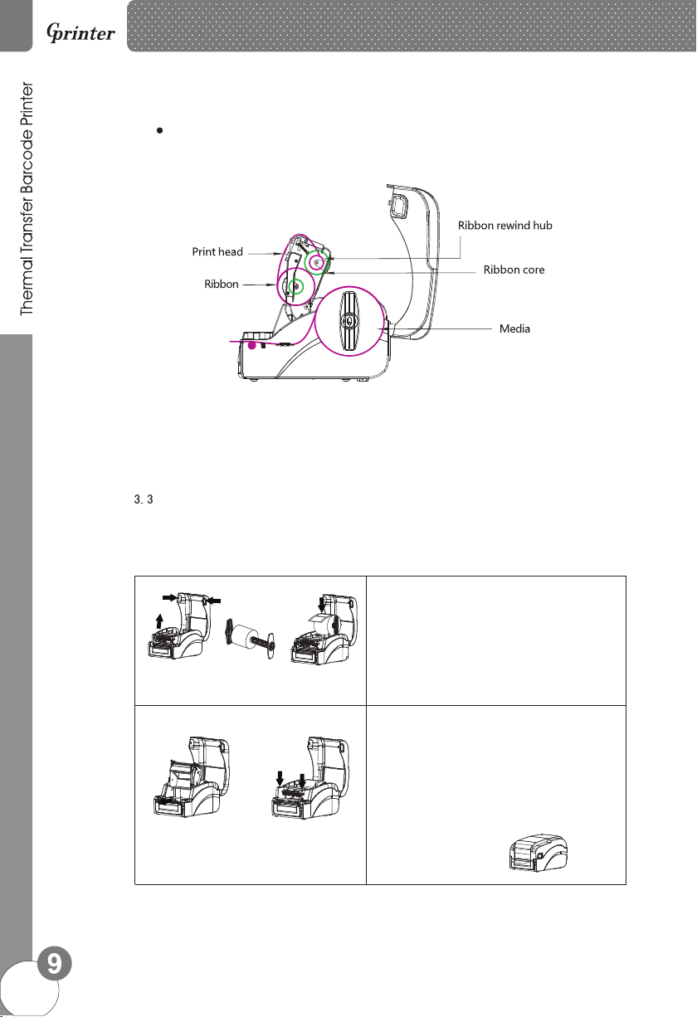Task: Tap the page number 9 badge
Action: coord(53,963)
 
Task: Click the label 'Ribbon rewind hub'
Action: coord(505,225)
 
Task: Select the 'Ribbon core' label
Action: coord(514,270)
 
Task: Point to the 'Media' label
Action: coord(514,328)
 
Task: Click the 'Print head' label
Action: coord(217,251)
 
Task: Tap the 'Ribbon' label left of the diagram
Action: coord(222,284)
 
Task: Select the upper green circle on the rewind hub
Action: coord(316,262)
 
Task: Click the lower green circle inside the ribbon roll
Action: coord(295,287)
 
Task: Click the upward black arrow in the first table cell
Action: coord(160,622)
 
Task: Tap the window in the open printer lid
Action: coord(397,202)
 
